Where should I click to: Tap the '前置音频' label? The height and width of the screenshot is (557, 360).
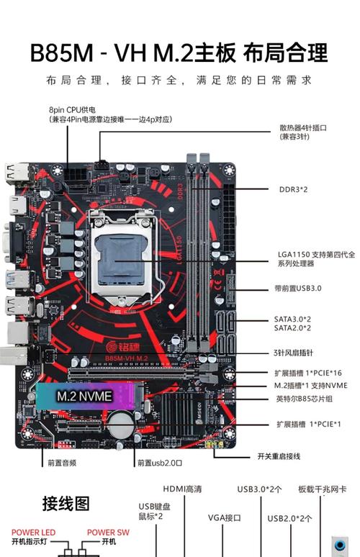(63, 463)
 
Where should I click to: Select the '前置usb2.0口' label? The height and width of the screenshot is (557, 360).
(159, 463)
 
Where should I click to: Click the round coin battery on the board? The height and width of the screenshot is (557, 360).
(117, 418)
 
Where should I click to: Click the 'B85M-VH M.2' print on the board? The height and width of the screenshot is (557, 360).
(126, 358)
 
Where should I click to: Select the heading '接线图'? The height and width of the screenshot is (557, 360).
(66, 503)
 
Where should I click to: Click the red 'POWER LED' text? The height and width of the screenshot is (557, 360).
(33, 533)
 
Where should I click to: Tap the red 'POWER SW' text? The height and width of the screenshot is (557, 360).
(108, 533)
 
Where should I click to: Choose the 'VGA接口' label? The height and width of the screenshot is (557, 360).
(224, 517)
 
